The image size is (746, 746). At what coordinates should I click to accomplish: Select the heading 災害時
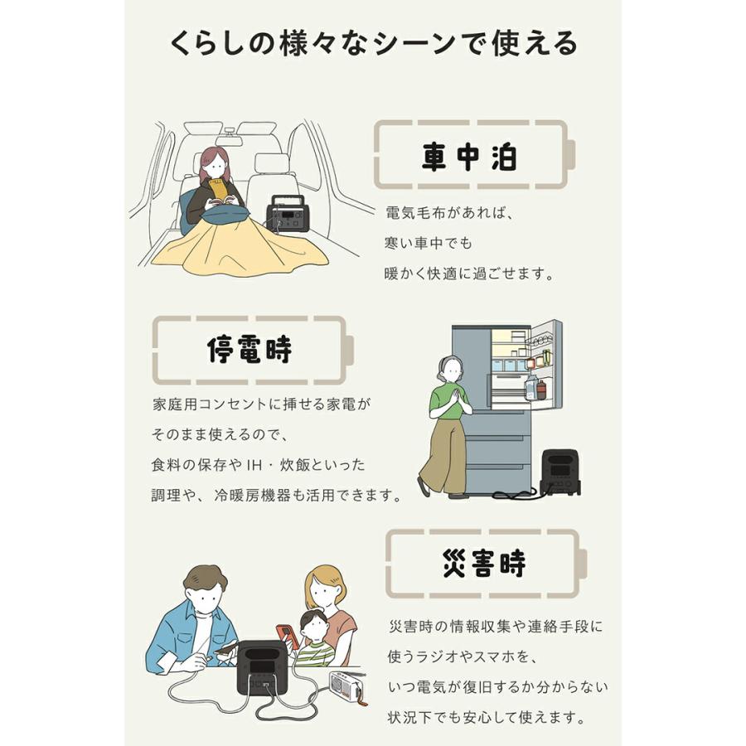(x=484, y=564)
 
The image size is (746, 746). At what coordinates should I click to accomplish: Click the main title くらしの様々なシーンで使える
(x=373, y=42)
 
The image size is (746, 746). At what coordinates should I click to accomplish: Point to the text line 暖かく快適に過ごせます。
(x=470, y=273)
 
